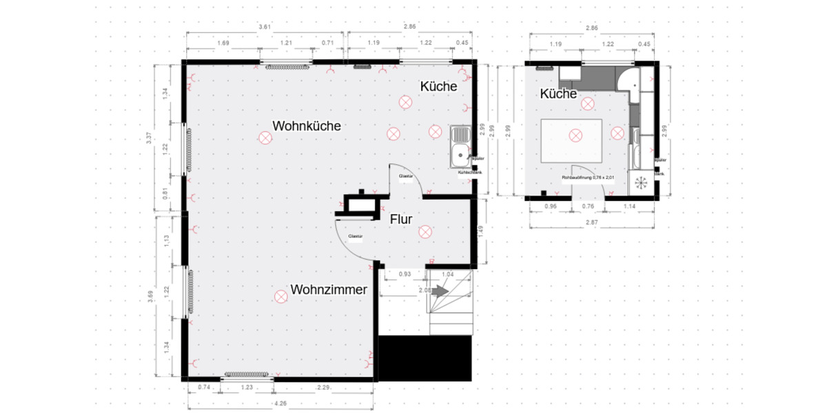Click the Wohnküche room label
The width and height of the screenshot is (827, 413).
coord(307,127)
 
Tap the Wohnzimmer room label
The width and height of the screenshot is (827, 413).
coord(328,289)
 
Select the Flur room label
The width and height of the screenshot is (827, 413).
coord(400,220)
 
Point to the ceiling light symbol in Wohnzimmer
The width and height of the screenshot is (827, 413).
coord(280,296)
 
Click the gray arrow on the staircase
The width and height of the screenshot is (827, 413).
coord(440,292)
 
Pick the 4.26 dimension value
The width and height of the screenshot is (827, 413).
coord(280,403)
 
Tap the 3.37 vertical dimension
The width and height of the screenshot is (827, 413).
coord(149,138)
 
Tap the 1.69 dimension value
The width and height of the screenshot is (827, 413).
coord(223,43)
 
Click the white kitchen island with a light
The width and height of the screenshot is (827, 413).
coord(573,140)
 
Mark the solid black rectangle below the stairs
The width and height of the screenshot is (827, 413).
coord(425,358)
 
